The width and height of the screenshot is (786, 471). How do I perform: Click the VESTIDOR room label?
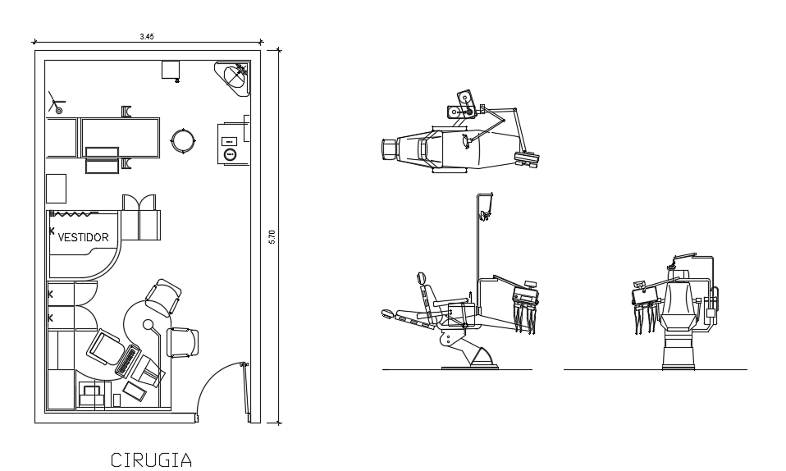[83, 237]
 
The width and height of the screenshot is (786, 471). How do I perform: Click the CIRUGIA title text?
[151, 460]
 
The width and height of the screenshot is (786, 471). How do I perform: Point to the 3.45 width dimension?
[147, 36]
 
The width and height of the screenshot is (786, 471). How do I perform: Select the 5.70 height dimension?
[272, 237]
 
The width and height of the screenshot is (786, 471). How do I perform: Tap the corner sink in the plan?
[234, 78]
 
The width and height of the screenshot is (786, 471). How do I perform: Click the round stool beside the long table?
[183, 141]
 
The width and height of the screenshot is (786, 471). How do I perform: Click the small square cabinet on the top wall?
[171, 70]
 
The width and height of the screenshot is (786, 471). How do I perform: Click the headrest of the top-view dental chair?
[390, 149]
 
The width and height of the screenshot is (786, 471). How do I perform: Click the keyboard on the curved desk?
[128, 360]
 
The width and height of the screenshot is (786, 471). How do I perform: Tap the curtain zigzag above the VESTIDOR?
[74, 214]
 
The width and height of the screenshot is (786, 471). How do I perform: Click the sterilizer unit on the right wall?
[231, 143]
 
